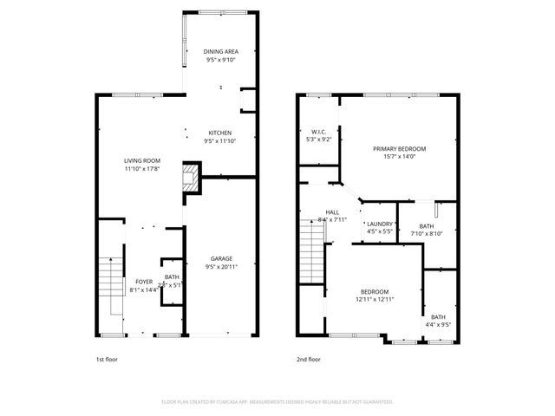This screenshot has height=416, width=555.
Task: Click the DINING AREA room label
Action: [219, 52]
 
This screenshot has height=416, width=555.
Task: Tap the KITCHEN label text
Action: [219, 133]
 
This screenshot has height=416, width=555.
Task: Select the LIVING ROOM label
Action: [141, 160]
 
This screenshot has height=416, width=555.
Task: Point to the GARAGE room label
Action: [219, 258]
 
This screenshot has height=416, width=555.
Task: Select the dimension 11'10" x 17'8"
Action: [141, 169]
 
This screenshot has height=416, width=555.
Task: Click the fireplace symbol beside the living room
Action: [189, 179]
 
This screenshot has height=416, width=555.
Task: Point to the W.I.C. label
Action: [318, 132]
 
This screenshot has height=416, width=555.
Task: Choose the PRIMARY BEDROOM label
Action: [399, 148]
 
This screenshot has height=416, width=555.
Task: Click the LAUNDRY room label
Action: [380, 224]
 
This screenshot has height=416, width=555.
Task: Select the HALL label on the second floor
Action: [332, 212]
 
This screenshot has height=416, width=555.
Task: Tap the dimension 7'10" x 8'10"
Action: [427, 233]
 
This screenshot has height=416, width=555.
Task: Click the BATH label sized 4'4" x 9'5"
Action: [438, 316]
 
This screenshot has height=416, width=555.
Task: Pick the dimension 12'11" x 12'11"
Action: [375, 299]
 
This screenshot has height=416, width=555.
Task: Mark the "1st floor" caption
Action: [108, 358]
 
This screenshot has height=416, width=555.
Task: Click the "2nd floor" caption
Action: [308, 358]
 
